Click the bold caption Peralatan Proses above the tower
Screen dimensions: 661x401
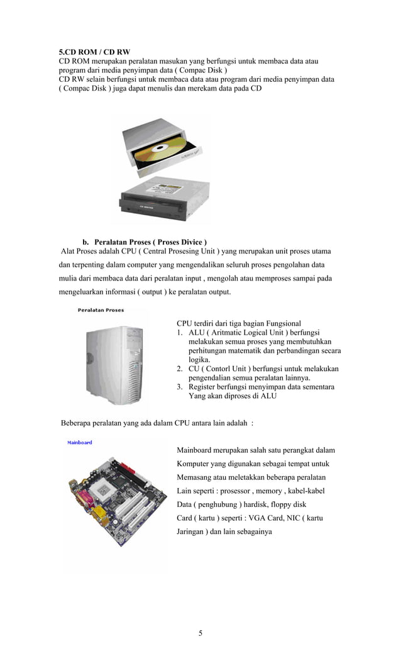[x=101, y=309]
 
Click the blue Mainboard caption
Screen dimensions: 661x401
[x=80, y=442]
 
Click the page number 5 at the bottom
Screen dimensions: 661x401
[x=200, y=633]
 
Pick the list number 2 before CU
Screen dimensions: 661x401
[x=179, y=369]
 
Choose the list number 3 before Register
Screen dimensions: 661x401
[x=179, y=387]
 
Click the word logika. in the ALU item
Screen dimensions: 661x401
[x=200, y=360]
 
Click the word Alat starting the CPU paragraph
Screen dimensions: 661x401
[x=69, y=251]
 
